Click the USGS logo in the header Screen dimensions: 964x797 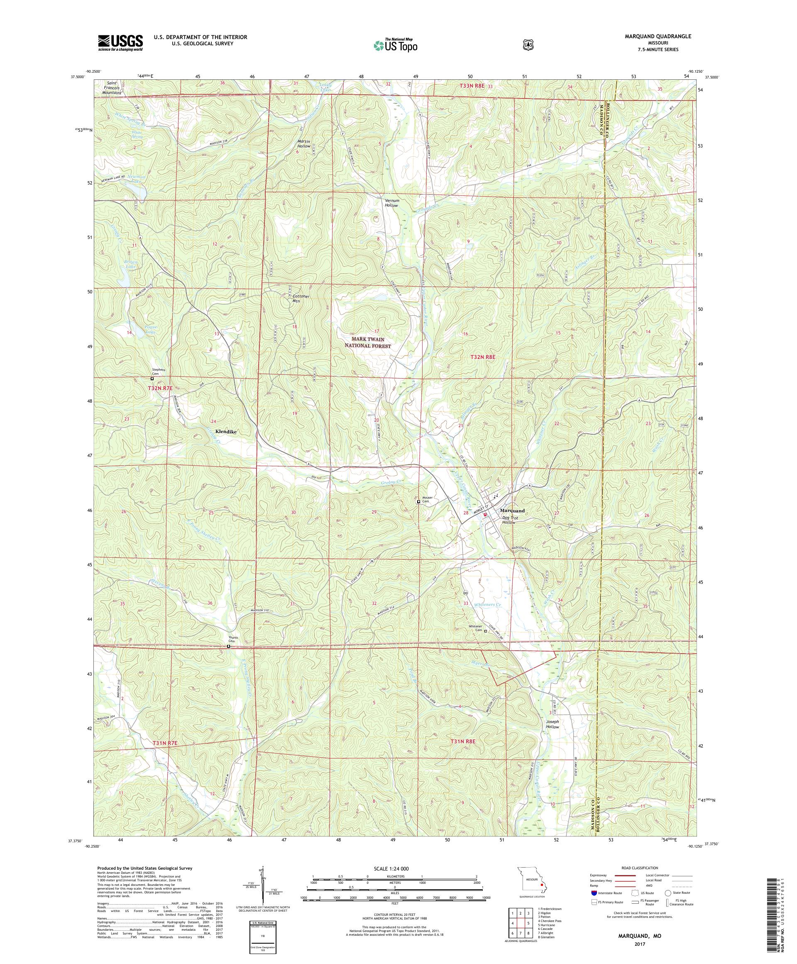tap(120, 43)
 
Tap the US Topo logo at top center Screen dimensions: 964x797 tap(395, 45)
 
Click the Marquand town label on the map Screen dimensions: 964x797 tap(512, 510)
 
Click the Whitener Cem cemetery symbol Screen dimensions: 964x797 tap(486, 631)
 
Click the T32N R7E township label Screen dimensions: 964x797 tap(160, 389)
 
